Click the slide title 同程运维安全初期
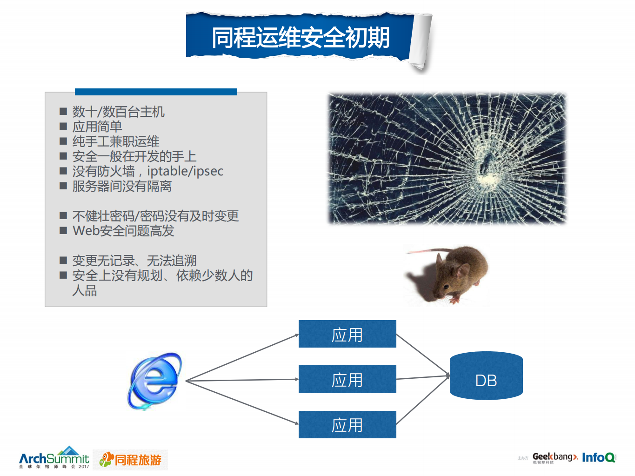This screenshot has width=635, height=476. (x=301, y=37)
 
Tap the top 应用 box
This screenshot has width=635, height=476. (x=347, y=334)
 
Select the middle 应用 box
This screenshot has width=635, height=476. (x=347, y=379)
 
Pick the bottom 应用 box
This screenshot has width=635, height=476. (x=347, y=424)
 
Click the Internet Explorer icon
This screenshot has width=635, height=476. (x=154, y=381)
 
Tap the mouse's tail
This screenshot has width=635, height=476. (x=426, y=251)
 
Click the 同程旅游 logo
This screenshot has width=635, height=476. (x=130, y=460)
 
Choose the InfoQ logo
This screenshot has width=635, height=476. (x=599, y=457)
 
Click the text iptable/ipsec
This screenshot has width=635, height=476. (x=185, y=171)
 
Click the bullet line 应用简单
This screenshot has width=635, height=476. (x=97, y=127)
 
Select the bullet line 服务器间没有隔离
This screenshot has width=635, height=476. (x=122, y=186)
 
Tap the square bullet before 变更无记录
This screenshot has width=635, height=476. (x=63, y=260)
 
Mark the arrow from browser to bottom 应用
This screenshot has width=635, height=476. (x=242, y=402)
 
